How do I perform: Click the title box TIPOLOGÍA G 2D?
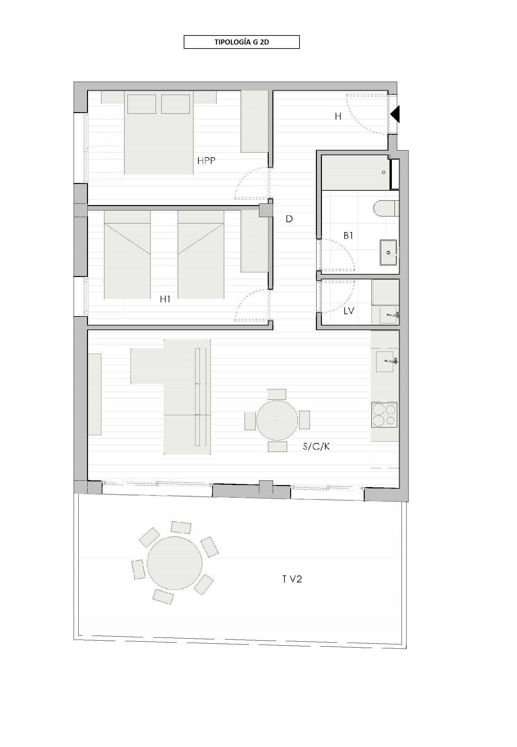coord(242,42)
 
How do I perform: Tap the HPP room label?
coord(206,161)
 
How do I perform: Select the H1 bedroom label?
coord(165,299)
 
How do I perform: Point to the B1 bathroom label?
coord(348,236)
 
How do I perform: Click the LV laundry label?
coord(349,311)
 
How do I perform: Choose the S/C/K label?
coord(316,447)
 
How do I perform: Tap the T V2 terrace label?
coord(292,579)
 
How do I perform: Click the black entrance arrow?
coord(395,114)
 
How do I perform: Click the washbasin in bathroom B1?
coord(389,252)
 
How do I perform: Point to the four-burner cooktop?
coord(384,415)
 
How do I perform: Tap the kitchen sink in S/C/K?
coord(385,362)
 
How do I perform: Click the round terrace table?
coord(174,564)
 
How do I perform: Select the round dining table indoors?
coord(277,420)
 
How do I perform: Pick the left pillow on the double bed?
coord(142,104)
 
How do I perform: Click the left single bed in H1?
coord(127,255)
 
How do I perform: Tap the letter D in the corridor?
coord(289,219)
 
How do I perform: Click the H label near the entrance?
coord(338,116)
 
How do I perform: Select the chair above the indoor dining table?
coord(277,394)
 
